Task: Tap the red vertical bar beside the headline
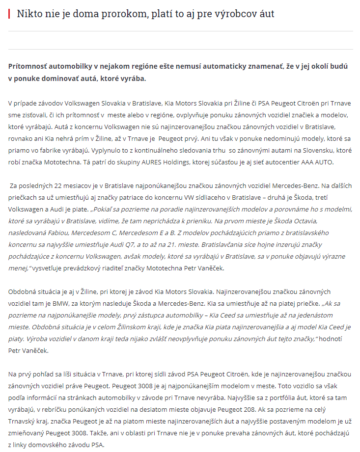(9, 14)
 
